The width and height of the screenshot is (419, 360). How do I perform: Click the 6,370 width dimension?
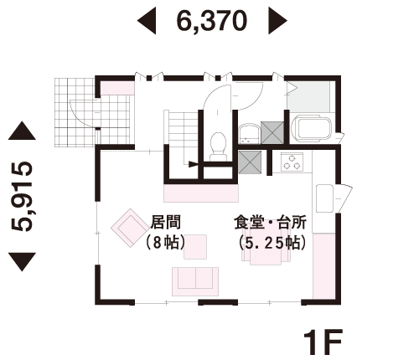click(x=212, y=21)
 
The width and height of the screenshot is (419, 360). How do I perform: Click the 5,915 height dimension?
click(x=22, y=197)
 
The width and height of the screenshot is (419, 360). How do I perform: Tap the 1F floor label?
click(x=323, y=342)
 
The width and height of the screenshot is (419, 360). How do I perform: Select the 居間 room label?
click(x=166, y=222)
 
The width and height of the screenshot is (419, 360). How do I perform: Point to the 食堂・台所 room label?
click(x=271, y=222)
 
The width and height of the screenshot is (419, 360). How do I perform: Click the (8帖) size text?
click(x=165, y=242)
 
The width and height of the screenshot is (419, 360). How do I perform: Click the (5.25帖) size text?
click(x=272, y=243)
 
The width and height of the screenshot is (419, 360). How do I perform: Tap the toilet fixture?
click(x=218, y=146)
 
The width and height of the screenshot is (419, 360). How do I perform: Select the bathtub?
click(x=311, y=128)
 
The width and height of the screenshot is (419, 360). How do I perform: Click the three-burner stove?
click(x=292, y=162)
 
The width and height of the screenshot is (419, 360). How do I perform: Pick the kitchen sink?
click(x=324, y=198)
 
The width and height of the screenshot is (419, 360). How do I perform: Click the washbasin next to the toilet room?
click(x=249, y=133)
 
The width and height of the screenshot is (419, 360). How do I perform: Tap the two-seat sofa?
click(x=195, y=281)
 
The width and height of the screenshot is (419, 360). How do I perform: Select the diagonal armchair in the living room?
click(x=130, y=228)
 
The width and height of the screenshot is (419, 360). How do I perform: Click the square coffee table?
click(x=195, y=247)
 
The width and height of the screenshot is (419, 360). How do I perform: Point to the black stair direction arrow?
click(x=194, y=164)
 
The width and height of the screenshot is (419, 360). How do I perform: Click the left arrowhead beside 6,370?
click(x=147, y=21)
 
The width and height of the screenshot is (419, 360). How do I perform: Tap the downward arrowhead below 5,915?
click(x=22, y=261)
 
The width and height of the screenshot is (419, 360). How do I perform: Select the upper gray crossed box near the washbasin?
click(x=272, y=132)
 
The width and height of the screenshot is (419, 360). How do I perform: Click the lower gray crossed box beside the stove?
click(x=250, y=162)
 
